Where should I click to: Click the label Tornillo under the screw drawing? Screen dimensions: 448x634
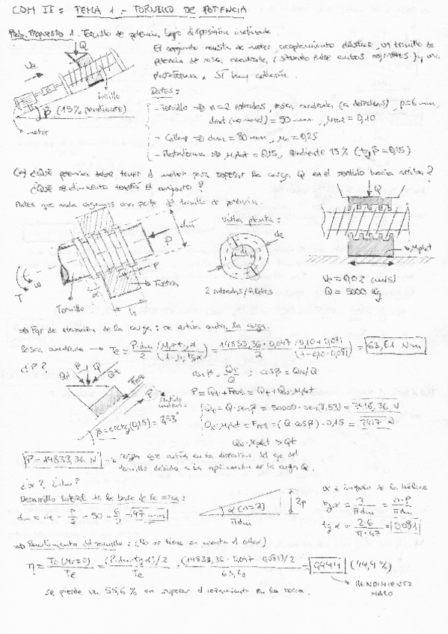point(70,307)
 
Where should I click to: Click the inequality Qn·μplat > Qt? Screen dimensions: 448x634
point(294,440)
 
